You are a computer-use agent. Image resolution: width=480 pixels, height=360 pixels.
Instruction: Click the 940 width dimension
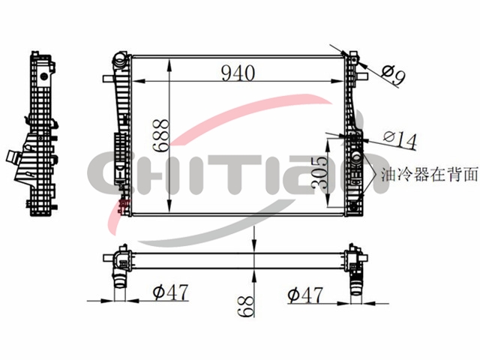238,73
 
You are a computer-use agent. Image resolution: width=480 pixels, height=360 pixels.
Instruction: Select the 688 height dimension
161,136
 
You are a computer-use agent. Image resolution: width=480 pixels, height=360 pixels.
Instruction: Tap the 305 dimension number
319,172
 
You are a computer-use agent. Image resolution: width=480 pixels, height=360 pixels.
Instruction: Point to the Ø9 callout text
394,76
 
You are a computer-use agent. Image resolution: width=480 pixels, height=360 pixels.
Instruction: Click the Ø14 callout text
400,140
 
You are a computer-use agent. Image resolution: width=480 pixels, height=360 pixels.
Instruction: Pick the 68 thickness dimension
246,307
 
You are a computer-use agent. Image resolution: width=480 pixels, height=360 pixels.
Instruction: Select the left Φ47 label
170,292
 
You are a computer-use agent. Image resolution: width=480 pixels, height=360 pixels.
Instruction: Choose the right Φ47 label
305,295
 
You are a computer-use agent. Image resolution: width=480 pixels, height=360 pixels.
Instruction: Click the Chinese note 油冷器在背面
430,175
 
